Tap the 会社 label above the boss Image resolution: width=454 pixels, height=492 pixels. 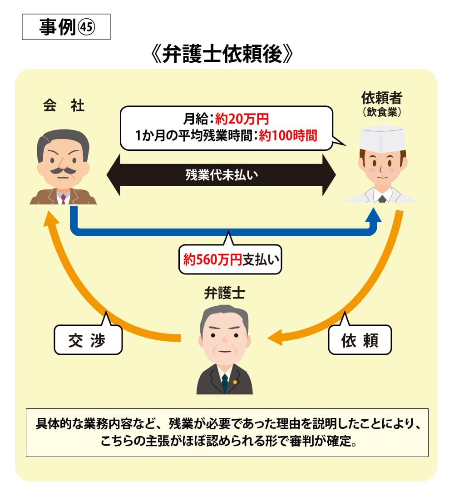point(64,106)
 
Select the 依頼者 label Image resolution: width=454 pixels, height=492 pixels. point(381,98)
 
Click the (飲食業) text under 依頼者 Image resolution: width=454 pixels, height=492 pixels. point(381,111)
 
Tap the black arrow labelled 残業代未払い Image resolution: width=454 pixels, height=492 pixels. point(221,174)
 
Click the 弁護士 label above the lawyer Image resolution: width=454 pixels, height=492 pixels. point(225,293)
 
